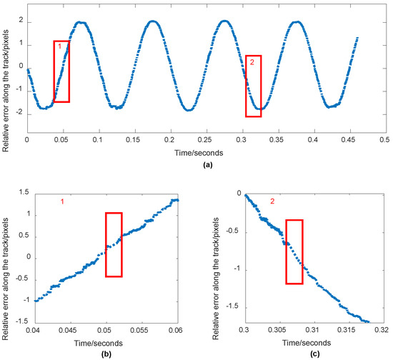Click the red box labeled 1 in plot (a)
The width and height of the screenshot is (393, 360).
[x=61, y=71]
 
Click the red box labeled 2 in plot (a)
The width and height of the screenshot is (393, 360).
[x=254, y=86]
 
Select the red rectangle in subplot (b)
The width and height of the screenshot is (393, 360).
[x=114, y=244]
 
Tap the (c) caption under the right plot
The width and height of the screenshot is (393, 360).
[x=307, y=354]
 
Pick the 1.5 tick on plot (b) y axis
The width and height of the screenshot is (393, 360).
[x=23, y=194]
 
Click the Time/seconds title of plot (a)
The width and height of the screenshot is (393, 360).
[x=204, y=152]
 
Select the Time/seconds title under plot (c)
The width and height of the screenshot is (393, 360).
[x=307, y=342]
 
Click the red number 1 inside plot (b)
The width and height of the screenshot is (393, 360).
[x=63, y=204]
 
